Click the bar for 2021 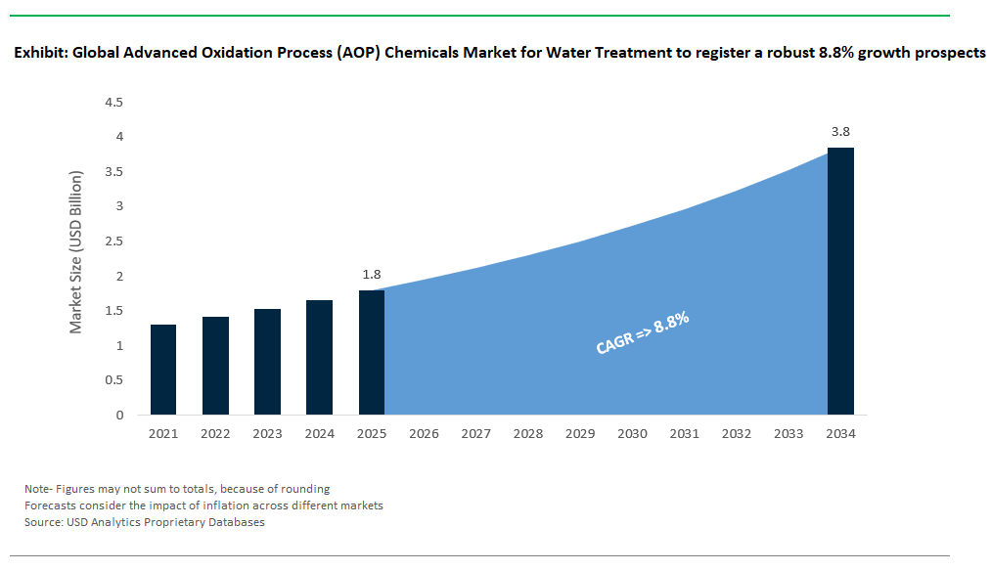(x=163, y=370)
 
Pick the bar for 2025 (x=371, y=352)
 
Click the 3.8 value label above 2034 (x=840, y=131)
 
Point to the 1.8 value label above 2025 (x=371, y=275)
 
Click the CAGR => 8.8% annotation (x=643, y=333)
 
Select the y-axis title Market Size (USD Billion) (x=77, y=252)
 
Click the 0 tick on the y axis (x=119, y=415)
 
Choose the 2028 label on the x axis (x=527, y=433)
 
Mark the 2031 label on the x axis (x=684, y=433)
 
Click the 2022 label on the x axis (x=215, y=433)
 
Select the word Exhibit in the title (x=38, y=53)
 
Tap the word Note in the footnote (x=37, y=488)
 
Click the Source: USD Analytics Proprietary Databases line (x=145, y=522)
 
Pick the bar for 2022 (x=215, y=366)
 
